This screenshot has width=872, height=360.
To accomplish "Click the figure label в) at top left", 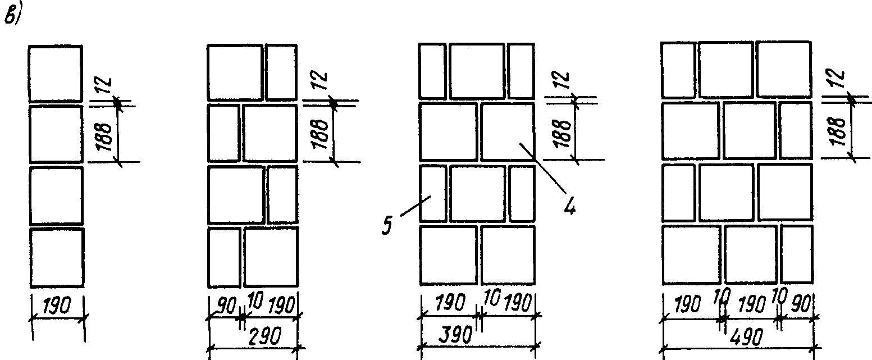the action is coord(12,17).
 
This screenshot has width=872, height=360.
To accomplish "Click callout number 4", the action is coord(569,207).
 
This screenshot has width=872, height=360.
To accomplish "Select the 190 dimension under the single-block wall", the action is coord(56,307).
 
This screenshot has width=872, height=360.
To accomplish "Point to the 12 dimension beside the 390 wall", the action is coord(564,82).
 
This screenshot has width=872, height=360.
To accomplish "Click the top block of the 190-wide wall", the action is coord(56,74).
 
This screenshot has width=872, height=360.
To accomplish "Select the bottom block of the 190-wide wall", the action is coord(56,257).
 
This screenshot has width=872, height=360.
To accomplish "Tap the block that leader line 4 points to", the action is coord(508,131).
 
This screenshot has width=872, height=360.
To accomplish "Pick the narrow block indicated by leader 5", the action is coord(433,193).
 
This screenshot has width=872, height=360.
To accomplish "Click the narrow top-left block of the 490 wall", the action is coord(678,70).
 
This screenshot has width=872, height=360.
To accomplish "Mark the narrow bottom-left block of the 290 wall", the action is coord(224,257).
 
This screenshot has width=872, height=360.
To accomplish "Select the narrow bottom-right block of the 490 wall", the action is coord(797,254).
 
